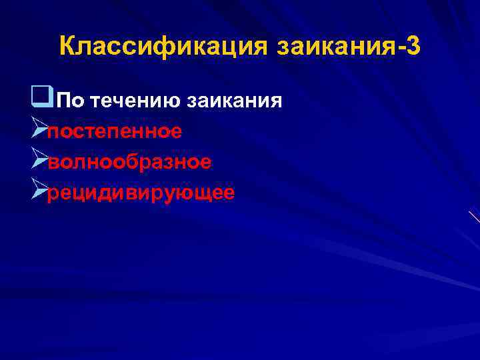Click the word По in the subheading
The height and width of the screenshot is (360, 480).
(70, 101)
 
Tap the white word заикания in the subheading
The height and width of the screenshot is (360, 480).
(235, 101)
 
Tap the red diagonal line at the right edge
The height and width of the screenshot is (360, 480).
(474, 217)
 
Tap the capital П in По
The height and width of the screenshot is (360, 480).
(63, 101)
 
